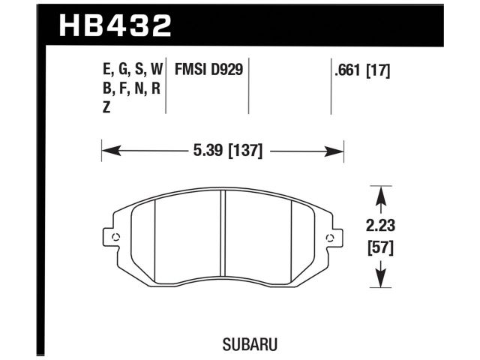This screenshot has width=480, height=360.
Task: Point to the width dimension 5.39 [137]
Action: pyautogui.click(x=223, y=151)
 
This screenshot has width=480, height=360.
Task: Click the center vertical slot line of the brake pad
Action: pyautogui.click(x=223, y=236)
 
